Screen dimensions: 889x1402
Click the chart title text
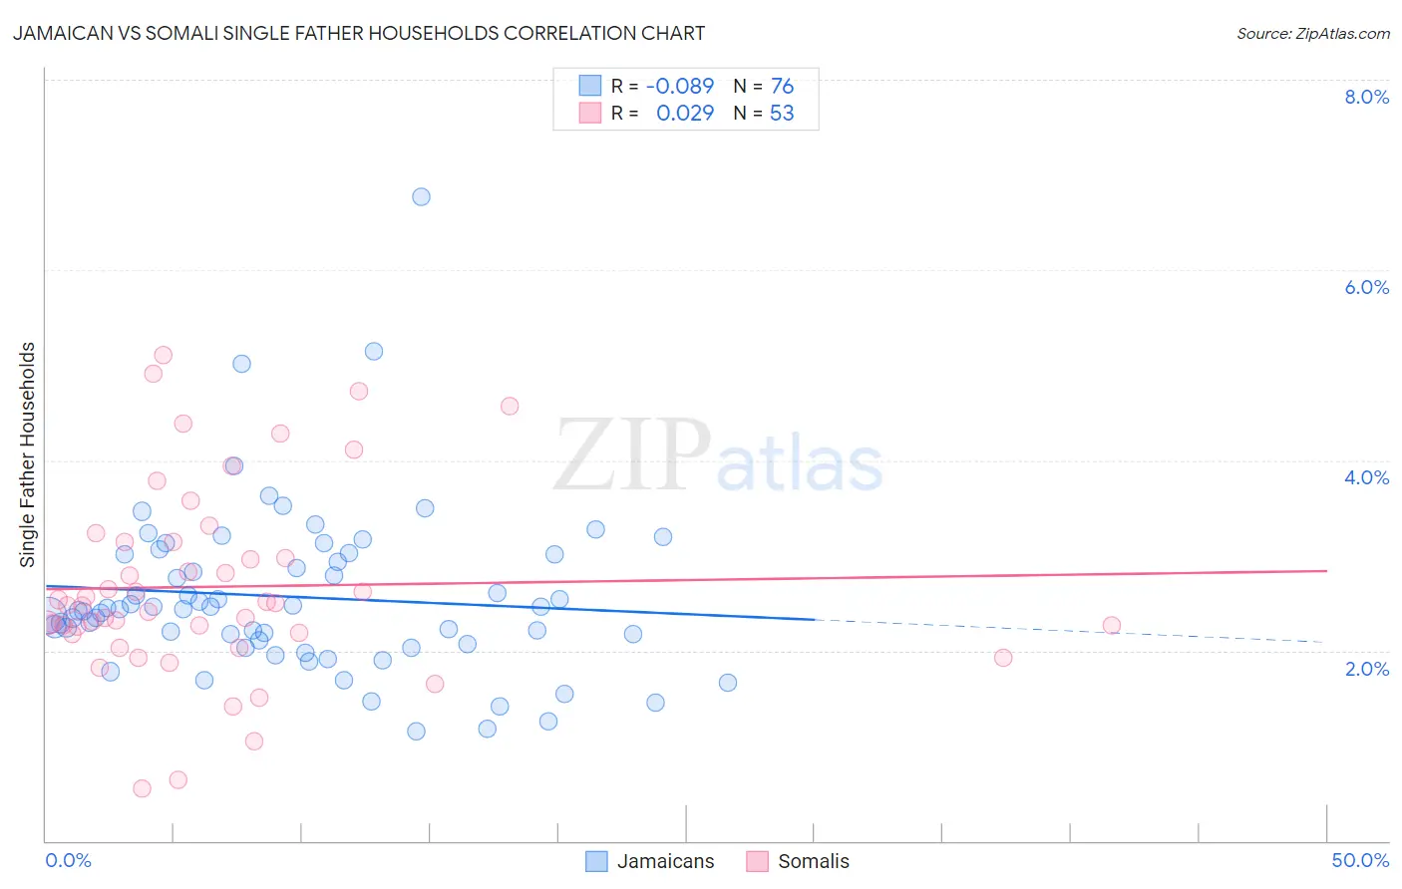click(x=359, y=34)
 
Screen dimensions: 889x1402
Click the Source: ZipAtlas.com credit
click(x=1312, y=34)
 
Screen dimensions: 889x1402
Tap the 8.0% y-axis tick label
click(x=1366, y=97)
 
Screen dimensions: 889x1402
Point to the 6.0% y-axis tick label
click(x=1366, y=287)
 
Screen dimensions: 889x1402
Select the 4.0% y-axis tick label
click(x=1366, y=477)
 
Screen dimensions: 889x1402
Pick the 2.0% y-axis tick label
click(x=1366, y=669)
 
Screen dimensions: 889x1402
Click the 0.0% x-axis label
click(x=68, y=860)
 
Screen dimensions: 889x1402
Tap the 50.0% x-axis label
click(x=1360, y=860)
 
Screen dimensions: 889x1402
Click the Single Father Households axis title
click(x=27, y=454)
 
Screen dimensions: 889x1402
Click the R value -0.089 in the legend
click(x=680, y=87)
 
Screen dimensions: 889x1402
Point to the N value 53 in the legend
click(x=782, y=114)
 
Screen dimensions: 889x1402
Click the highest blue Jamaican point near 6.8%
click(x=421, y=197)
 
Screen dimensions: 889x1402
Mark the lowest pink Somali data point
click(x=142, y=788)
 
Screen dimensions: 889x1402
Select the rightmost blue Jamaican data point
click(x=728, y=683)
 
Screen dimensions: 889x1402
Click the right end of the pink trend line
click(x=1325, y=571)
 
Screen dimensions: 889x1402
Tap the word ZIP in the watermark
click(x=631, y=454)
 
